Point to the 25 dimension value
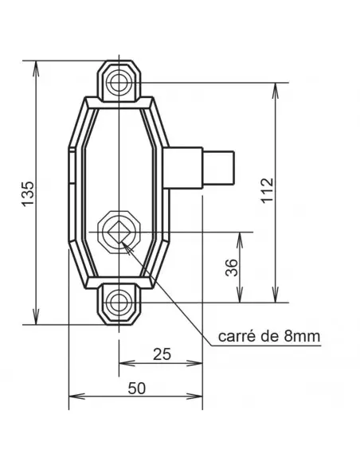coord(162,354)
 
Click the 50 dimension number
coord(136,388)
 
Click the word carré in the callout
coord(236,337)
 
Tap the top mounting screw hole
coord(119,81)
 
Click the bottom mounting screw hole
coord(119,302)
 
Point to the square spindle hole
coord(119,231)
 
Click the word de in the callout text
coord(270,337)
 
